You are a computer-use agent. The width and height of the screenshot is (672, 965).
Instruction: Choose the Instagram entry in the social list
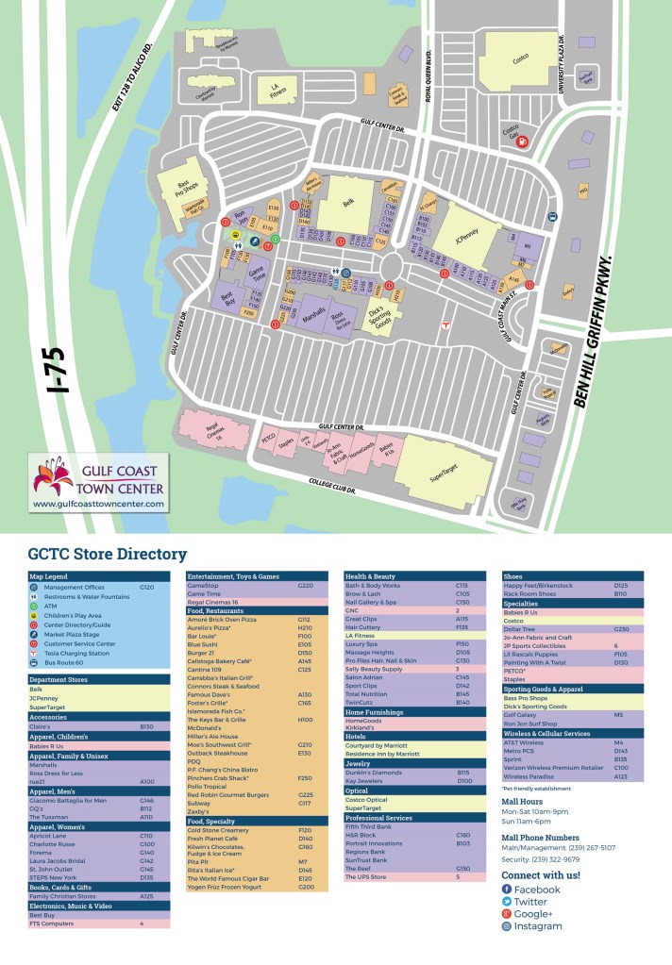click(537, 926)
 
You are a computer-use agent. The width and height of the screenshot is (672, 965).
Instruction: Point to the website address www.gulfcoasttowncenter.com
click(98, 504)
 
